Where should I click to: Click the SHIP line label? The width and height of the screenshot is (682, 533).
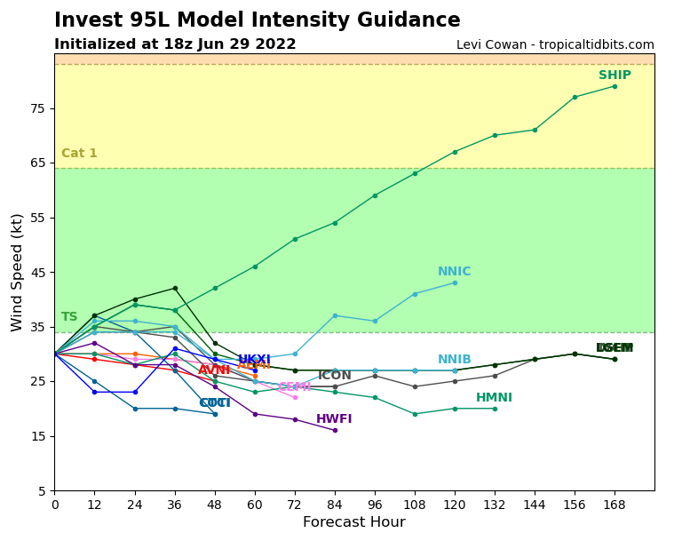tap(615, 76)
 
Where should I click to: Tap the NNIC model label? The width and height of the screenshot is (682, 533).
tap(454, 272)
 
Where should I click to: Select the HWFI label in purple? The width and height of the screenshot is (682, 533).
tap(334, 419)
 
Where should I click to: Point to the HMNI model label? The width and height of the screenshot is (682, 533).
tap(494, 398)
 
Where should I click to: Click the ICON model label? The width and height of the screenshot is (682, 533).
tap(335, 376)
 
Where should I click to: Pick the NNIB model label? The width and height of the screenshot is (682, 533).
tap(454, 360)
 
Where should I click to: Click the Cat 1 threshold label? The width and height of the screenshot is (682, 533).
tap(79, 154)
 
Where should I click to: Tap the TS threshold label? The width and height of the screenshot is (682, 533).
tap(69, 317)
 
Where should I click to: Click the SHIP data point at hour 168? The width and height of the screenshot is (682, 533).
tap(615, 86)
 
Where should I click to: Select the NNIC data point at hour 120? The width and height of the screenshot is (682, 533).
tap(455, 282)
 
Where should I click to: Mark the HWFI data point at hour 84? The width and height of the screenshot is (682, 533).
tap(335, 430)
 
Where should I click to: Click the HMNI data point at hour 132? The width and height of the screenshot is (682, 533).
tap(495, 409)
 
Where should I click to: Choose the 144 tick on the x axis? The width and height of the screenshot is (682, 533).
tap(535, 504)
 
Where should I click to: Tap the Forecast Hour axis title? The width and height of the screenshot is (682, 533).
tap(353, 522)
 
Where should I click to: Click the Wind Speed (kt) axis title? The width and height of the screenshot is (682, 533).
tap(18, 272)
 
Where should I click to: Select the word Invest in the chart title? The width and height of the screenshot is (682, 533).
tap(88, 20)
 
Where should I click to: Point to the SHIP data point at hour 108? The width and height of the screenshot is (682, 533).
tap(415, 173)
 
